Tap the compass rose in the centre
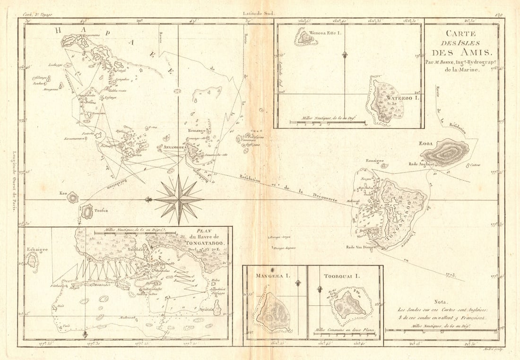[179, 199]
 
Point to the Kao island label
[63, 193]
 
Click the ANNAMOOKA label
[173, 147]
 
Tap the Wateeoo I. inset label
[402, 98]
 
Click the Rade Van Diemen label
[360, 247]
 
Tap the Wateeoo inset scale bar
[327, 122]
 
